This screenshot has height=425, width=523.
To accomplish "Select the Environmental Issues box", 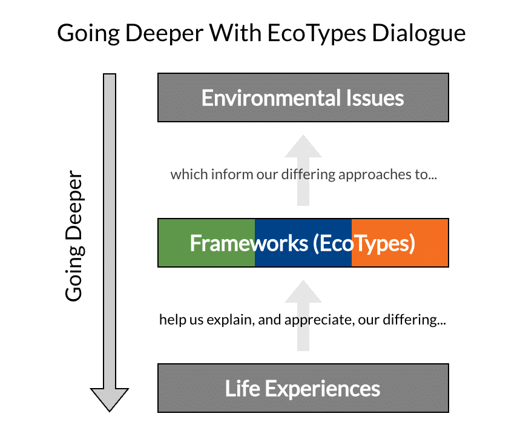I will click(303, 97).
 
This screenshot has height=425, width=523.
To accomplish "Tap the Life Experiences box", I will click(303, 388).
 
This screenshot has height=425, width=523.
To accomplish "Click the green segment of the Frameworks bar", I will click(206, 243).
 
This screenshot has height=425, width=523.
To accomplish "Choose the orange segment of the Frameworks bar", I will click(400, 243).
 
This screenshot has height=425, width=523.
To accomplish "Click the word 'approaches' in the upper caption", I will click(381, 175).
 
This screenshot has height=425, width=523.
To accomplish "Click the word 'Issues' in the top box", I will click(375, 97).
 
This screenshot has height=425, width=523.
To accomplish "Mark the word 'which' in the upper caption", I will click(184, 175).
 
